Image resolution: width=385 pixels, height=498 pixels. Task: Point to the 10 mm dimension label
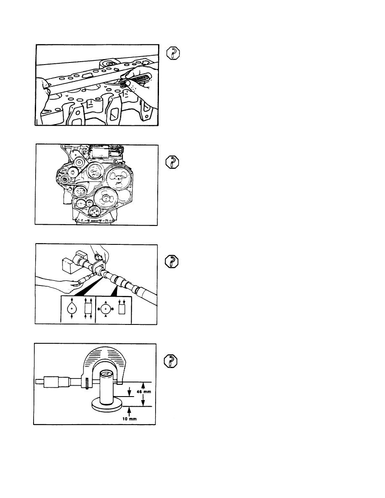click(x=131, y=419)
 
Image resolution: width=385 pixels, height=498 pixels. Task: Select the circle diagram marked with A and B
click(x=107, y=309)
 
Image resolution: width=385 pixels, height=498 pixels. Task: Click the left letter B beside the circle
click(x=99, y=309)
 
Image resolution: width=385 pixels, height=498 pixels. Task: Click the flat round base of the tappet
click(x=106, y=405)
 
